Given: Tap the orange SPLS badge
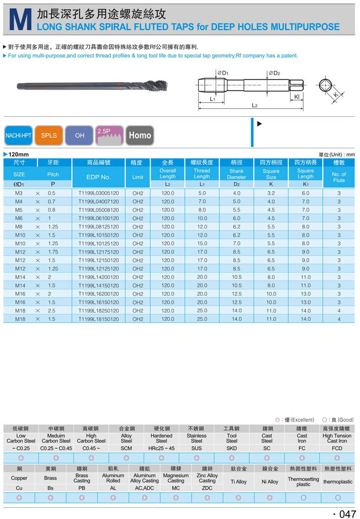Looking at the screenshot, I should [x=49, y=135].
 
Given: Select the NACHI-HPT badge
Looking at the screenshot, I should [x=18, y=135].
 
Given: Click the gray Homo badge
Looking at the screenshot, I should [x=140, y=135].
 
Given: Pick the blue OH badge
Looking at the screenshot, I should [x=80, y=135].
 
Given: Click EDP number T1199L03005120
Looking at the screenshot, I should [x=99, y=193].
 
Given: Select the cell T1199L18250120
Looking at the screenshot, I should [x=99, y=311].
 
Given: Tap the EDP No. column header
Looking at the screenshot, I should [x=99, y=177].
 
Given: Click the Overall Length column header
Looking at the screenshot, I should [x=168, y=174].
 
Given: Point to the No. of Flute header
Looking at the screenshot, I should [x=339, y=177].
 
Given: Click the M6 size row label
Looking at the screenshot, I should [x=19, y=218].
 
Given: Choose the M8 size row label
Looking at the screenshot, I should [x=19, y=227].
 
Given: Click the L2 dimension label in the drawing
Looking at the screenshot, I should [x=254, y=105].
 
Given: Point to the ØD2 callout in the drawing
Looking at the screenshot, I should [x=274, y=73].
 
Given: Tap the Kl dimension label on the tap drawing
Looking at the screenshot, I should [x=297, y=96].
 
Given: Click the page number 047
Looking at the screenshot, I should [x=344, y=513].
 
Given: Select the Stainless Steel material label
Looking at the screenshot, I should [x=196, y=438].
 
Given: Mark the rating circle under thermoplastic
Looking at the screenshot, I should [x=338, y=498].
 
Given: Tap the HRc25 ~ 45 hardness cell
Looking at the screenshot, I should [x=162, y=448].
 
